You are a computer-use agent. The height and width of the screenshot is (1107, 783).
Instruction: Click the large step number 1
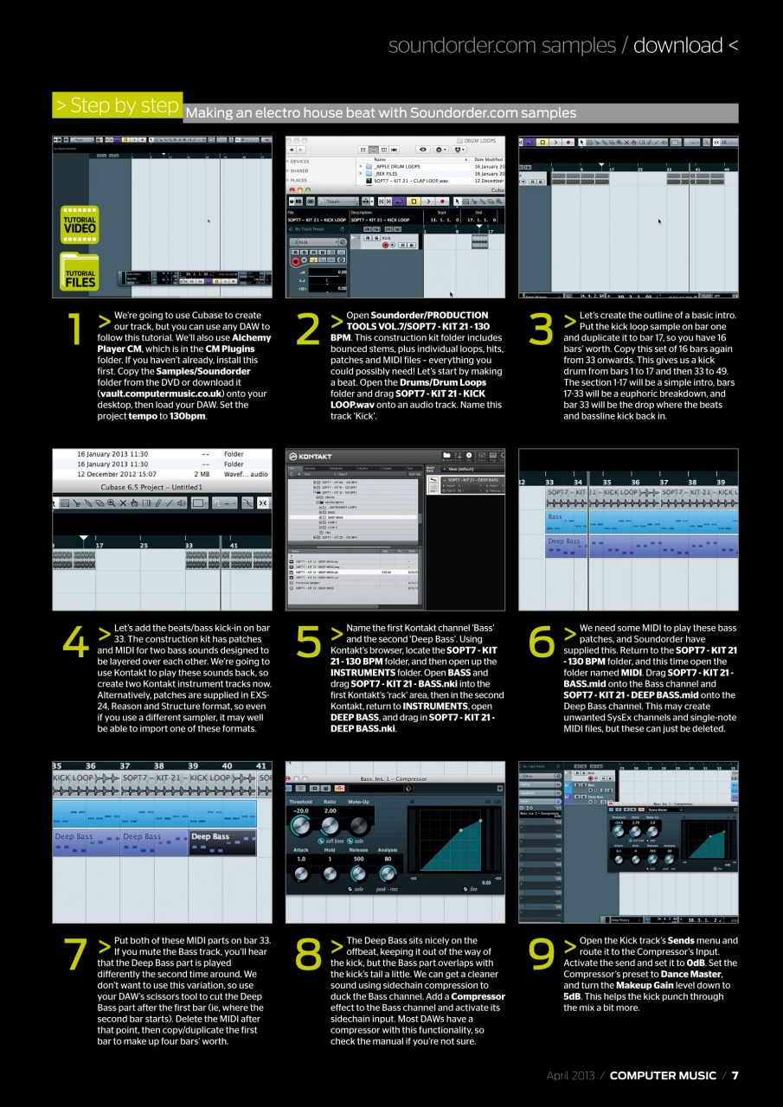(x=75, y=329)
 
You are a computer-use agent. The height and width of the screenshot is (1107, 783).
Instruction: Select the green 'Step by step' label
(x=117, y=106)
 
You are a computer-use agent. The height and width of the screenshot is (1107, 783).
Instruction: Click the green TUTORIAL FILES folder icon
(x=80, y=272)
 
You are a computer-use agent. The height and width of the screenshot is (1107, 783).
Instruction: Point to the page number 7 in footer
(x=735, y=1076)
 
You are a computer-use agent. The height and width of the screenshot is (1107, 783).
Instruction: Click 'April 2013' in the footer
(x=570, y=1076)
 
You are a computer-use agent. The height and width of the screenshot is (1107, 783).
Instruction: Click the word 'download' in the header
(x=677, y=45)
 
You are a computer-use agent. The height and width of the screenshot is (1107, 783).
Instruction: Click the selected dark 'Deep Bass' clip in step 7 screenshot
(x=222, y=841)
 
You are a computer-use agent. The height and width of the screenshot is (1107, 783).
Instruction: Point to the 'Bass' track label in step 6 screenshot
(x=555, y=516)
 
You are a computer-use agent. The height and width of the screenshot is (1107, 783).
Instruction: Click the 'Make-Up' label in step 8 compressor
(x=359, y=802)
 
